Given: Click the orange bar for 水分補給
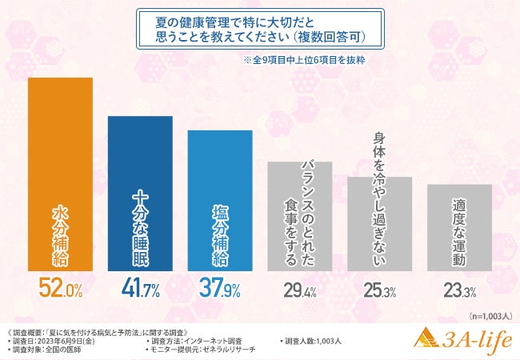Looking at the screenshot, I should (60, 174).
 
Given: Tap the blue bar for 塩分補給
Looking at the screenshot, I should (220, 199).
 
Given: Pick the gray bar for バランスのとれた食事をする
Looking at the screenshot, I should (299, 215).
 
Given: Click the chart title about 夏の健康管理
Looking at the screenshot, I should (260, 29).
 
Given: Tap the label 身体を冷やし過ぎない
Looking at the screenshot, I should (380, 200).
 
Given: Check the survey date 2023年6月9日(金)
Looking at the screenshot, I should (62, 341).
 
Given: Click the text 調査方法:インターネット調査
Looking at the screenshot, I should (195, 341).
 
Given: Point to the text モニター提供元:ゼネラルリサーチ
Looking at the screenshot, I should (205, 350).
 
